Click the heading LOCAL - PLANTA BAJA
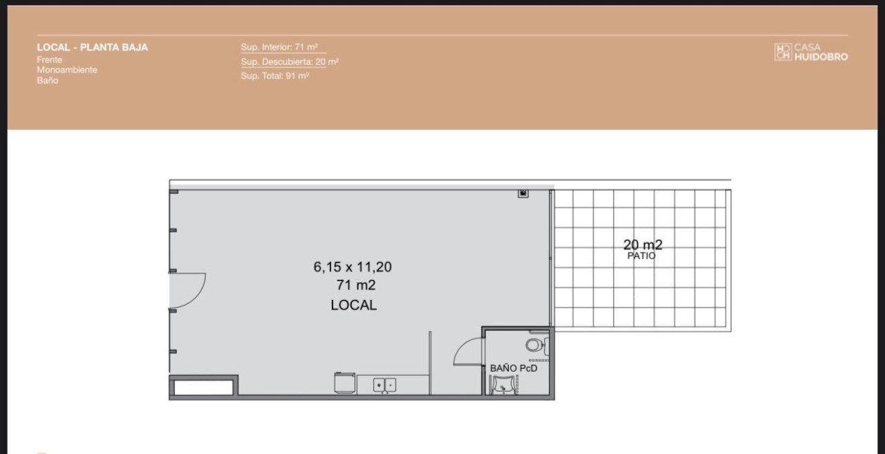pos(93,48)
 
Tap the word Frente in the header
pos(49,59)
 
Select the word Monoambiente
pos(67,70)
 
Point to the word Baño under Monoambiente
pos(48,81)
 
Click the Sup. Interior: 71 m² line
pos(279,47)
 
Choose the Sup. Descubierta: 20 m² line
pos(290,62)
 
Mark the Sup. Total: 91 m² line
pos(275,75)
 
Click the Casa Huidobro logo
pos(811,52)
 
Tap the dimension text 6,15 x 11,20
pos(353,267)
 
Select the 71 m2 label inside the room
pos(355,285)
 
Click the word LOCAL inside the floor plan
pos(353,305)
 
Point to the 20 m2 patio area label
pos(643,245)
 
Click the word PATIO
pos(642,256)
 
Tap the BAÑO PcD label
pos(514,368)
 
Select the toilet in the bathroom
pos(537,346)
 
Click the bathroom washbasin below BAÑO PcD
pos(503,384)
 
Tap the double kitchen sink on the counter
pos(384,385)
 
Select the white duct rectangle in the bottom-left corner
pos(203,387)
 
